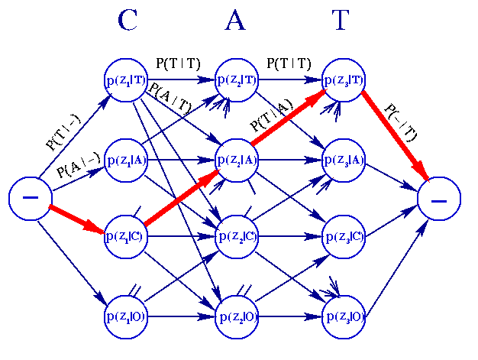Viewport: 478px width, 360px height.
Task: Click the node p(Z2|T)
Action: point(237,79)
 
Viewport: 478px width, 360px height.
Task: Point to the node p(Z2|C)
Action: point(237,235)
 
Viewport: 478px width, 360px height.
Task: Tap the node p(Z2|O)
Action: point(237,316)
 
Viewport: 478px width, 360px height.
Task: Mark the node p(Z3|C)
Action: point(344,235)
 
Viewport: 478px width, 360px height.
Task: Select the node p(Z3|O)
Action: point(344,316)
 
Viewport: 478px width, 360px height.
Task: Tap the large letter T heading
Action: point(341,21)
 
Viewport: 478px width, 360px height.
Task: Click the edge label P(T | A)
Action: point(272,118)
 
